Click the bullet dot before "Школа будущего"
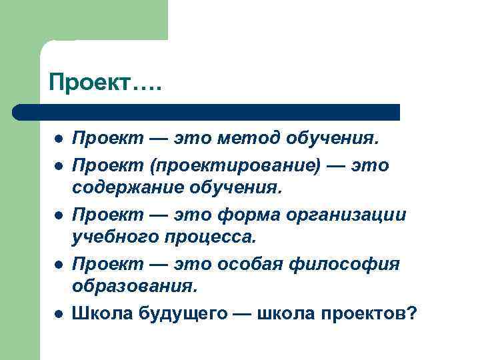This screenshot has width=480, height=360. pyautogui.click(x=59, y=313)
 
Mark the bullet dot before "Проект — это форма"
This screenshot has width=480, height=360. pyautogui.click(x=59, y=215)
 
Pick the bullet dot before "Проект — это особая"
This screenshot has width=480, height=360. pyautogui.click(x=59, y=265)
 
